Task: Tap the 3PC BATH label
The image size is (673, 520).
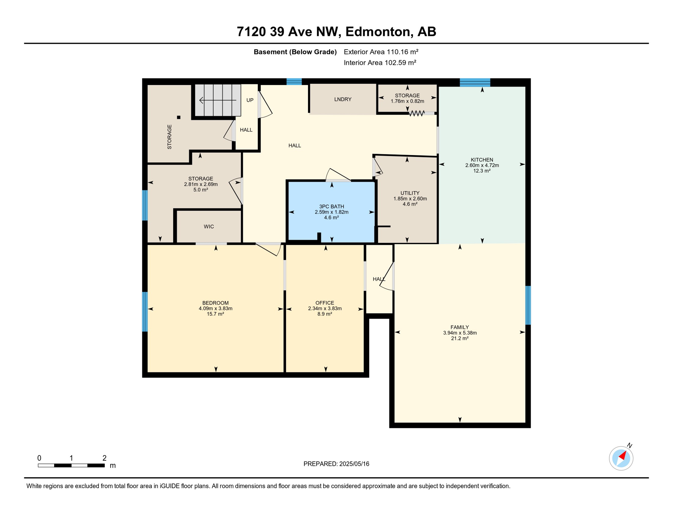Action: pos(331,207)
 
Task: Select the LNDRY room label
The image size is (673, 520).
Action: pos(343,99)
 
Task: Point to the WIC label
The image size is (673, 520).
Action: pos(209,226)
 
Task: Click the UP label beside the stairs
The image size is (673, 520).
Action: pos(250,100)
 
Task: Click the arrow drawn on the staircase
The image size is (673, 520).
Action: pos(217,100)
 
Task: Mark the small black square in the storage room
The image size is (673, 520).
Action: pos(179,117)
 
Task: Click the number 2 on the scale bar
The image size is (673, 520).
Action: pos(104,458)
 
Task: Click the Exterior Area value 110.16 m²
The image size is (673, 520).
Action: pos(403,52)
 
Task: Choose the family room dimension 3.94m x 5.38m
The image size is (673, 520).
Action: pos(460,333)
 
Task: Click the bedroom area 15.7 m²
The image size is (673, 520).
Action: pos(215,314)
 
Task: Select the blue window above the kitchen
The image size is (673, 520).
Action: pos(475,82)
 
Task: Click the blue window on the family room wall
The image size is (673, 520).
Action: pos(528,305)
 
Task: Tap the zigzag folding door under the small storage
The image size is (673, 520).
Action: pos(417,113)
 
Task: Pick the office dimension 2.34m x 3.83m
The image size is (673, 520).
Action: pos(325,308)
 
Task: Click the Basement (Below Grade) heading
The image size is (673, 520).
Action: pos(295,52)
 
